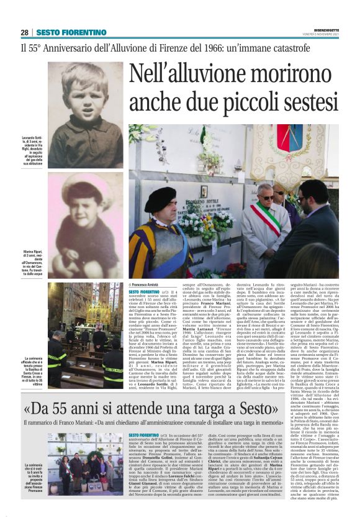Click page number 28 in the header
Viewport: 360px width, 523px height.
(24, 32)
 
